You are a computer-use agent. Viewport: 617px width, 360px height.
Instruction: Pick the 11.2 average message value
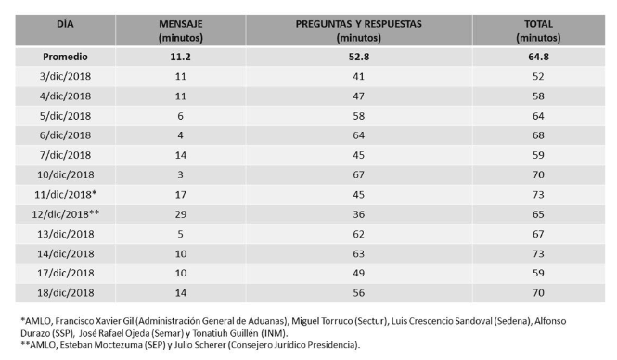coord(181,56)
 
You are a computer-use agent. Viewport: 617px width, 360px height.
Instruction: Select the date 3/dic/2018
coord(64,76)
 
